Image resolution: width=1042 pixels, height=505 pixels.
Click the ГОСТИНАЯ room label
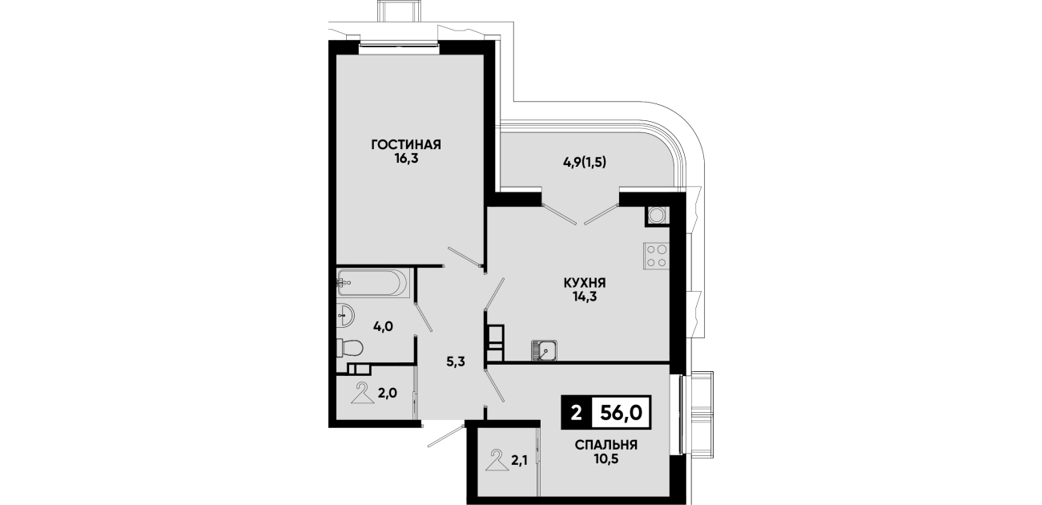point(406,145)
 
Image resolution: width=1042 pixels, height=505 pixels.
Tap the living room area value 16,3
point(407,159)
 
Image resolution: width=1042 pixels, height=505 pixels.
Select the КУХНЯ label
point(585,282)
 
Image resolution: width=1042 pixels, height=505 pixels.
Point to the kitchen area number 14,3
point(585,296)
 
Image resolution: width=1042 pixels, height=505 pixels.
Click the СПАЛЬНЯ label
point(606,445)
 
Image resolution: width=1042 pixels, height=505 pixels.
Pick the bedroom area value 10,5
point(606,459)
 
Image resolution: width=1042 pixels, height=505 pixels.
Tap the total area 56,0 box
point(621,412)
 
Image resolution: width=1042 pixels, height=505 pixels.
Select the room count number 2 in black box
point(577,412)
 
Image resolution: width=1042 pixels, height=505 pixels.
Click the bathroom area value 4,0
point(384,327)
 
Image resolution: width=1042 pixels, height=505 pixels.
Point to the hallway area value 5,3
point(456,362)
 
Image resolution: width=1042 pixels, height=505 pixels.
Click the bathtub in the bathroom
point(372,282)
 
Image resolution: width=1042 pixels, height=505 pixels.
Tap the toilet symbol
point(349,347)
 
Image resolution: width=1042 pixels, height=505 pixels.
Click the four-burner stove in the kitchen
point(656,256)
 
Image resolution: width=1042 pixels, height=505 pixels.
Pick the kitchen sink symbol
point(545,350)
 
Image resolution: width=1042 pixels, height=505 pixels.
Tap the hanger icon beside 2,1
point(497,460)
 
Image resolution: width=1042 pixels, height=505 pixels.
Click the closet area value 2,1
point(519,461)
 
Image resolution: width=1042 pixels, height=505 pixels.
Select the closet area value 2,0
point(387,394)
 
